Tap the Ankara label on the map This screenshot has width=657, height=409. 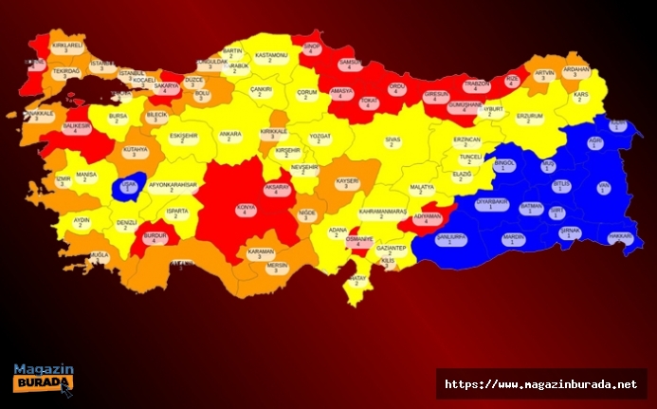coord(230,139)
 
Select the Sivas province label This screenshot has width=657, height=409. coord(392,143)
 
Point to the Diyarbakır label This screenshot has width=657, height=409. coord(491,205)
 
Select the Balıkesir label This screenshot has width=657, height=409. coord(77,128)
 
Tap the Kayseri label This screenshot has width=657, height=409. coord(347,182)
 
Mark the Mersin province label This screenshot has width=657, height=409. coord(277,267)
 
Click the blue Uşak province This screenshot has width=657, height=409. coord(127,185)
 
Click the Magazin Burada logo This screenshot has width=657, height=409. coord(44,379)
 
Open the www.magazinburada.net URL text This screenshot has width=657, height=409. coord(540,384)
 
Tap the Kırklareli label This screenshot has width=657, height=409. coord(67,48)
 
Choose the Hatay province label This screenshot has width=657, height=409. coord(356,281)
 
